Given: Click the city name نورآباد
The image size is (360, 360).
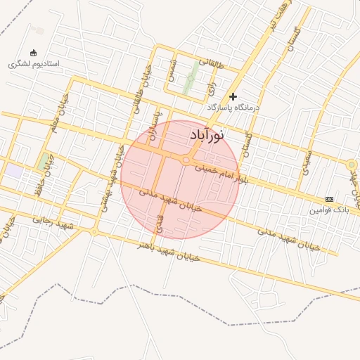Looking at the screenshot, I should (207, 134).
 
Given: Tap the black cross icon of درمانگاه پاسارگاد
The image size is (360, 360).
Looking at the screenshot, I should (233, 96).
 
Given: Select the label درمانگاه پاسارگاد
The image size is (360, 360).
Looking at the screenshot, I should (233, 107).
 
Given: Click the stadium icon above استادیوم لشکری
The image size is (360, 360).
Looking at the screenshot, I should (33, 52).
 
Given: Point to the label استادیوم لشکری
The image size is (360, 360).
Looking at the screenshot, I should (34, 63).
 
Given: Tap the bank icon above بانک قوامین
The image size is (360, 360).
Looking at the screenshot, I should (329, 200).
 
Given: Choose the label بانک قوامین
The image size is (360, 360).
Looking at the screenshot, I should (329, 210).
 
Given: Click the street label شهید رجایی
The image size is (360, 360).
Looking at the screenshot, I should (53, 223).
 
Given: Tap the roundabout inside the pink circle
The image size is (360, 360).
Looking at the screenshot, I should (186, 161).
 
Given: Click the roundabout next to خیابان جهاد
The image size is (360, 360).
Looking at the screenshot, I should (352, 165).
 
